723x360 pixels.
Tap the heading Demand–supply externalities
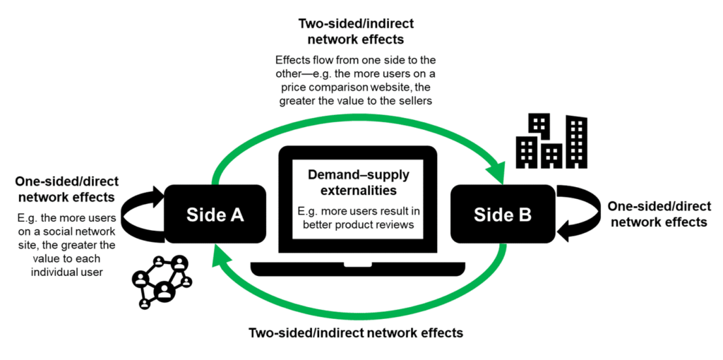pyautogui.click(x=359, y=181)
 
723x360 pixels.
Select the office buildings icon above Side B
pyautogui.click(x=551, y=141)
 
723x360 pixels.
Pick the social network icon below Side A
pyautogui.click(x=162, y=281)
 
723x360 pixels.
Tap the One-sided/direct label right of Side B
pyautogui.click(x=657, y=213)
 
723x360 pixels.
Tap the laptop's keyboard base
pyautogui.click(x=359, y=270)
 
